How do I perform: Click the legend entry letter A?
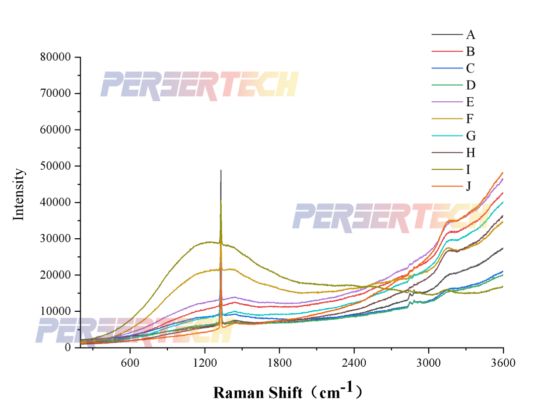click(470, 35)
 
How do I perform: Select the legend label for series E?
click(470, 102)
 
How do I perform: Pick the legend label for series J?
click(469, 186)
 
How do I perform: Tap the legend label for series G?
click(471, 136)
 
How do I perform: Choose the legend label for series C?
click(470, 69)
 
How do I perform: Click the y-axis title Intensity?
click(19, 194)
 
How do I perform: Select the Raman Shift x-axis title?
click(288, 392)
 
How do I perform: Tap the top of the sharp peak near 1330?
click(221, 171)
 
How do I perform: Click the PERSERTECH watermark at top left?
click(199, 84)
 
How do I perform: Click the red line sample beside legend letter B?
click(447, 51)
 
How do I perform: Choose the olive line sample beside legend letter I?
click(447, 170)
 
